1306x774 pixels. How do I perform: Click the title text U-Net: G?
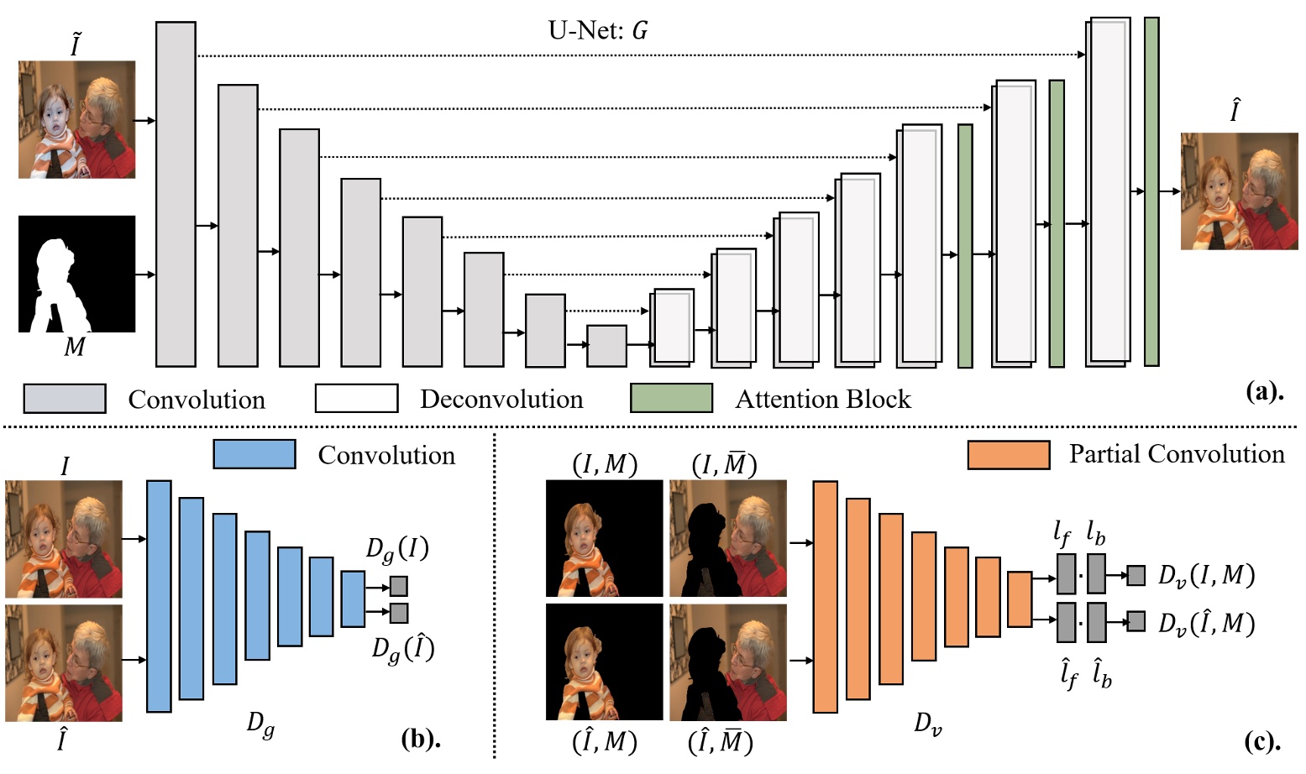click(597, 31)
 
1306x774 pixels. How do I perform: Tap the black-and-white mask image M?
click(76, 274)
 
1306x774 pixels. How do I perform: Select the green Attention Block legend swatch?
click(671, 398)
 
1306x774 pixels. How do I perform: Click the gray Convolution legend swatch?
click(65, 399)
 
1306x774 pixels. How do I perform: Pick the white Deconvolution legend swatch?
click(356, 398)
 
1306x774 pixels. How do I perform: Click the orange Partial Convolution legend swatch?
click(1009, 455)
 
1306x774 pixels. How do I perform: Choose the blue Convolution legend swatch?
click(254, 454)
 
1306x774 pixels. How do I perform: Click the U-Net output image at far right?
click(1239, 191)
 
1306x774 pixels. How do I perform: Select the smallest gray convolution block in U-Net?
click(606, 346)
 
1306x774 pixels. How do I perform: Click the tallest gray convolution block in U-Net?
click(176, 194)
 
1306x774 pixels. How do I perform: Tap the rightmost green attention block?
click(1151, 191)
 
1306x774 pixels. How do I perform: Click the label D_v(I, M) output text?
click(1206, 575)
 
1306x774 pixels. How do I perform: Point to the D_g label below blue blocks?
click(260, 724)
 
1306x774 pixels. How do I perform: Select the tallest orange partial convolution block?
click(825, 597)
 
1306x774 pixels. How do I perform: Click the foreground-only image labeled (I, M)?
click(604, 538)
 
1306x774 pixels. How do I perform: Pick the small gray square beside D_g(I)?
click(399, 586)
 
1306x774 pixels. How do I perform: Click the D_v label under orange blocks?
click(927, 724)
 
